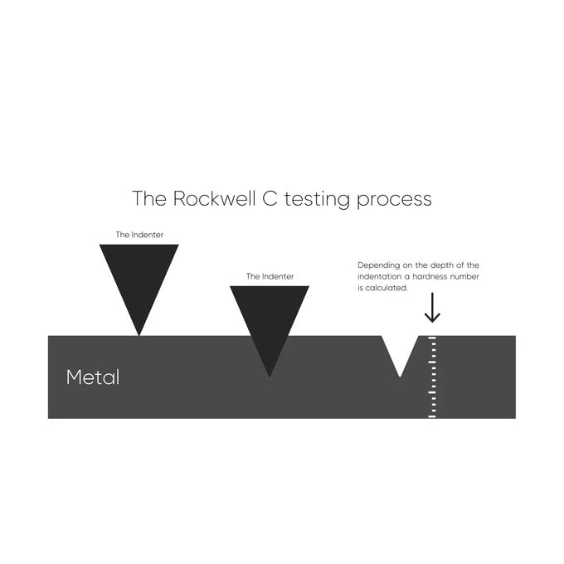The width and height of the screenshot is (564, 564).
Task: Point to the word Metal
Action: (93, 377)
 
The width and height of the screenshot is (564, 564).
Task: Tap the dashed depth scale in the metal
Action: (431, 377)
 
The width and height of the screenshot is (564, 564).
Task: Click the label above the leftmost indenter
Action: (139, 235)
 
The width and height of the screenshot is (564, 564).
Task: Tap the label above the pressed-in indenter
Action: (270, 276)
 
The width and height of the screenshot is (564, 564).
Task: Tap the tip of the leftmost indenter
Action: (139, 334)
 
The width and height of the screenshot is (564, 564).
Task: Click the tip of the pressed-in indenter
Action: (269, 376)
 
